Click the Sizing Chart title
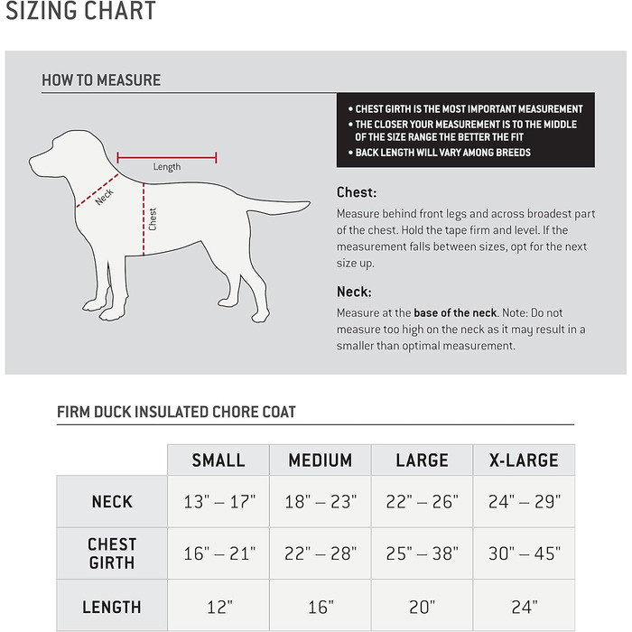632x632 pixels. tap(81, 12)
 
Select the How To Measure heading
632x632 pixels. tap(101, 80)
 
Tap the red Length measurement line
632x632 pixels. tap(167, 157)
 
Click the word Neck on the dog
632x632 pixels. tap(105, 196)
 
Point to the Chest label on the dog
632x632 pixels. tap(153, 219)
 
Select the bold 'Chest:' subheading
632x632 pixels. tap(357, 192)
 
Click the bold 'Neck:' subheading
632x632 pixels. tap(354, 292)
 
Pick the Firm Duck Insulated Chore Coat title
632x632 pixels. tap(176, 413)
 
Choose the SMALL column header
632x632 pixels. tap(218, 460)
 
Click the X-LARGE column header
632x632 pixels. tap(524, 460)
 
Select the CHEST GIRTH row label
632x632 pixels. tap(112, 553)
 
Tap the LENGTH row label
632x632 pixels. tap(112, 607)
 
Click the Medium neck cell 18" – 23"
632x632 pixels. tap(321, 501)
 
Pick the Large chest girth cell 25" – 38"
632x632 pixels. tap(422, 553)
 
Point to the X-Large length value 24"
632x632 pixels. tap(524, 607)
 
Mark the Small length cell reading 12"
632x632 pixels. tap(218, 607)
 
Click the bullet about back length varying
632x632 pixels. tap(442, 153)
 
